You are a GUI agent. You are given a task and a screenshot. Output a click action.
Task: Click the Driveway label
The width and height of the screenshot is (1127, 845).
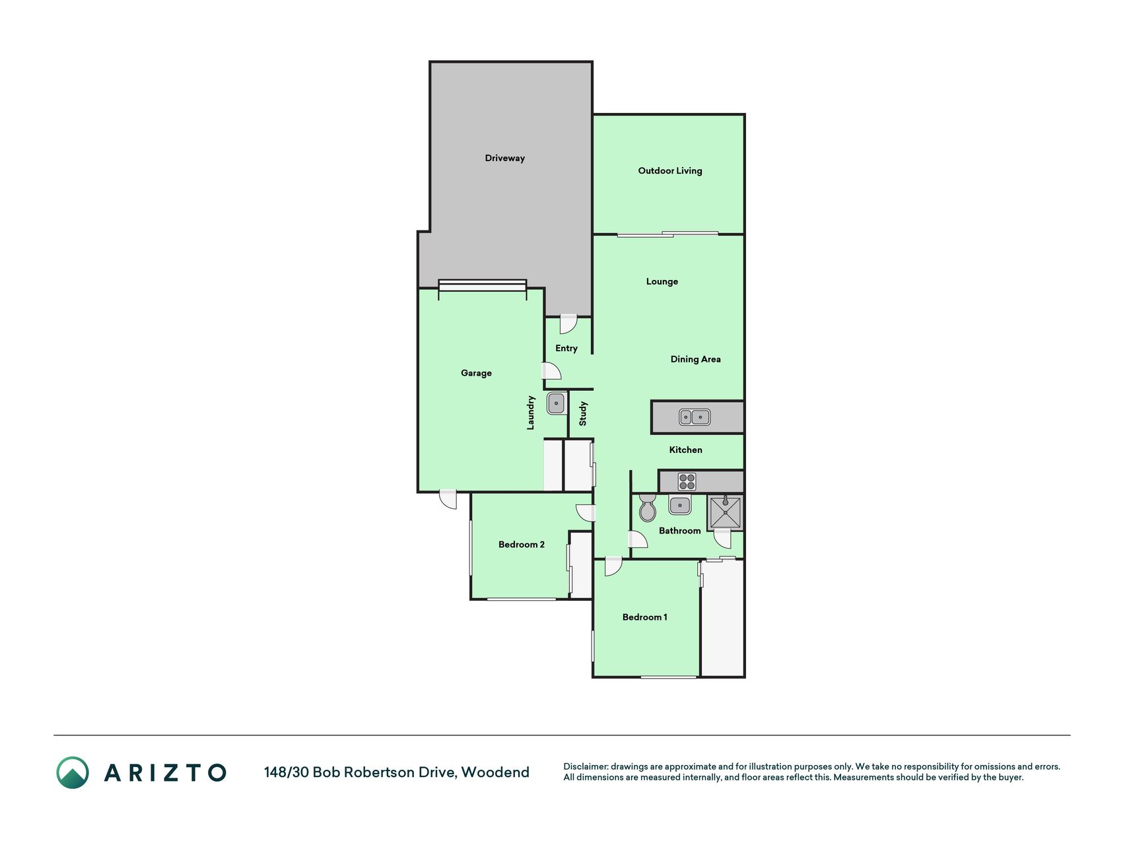504,158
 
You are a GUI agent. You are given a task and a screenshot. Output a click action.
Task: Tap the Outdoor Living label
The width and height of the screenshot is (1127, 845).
669,171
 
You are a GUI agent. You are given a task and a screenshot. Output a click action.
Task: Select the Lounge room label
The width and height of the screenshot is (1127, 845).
662,282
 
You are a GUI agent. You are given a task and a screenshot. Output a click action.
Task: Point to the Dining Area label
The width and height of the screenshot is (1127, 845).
695,359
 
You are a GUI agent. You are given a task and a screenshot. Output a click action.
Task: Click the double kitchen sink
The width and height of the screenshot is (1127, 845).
695,417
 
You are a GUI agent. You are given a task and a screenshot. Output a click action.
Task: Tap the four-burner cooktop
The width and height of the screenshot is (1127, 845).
687,482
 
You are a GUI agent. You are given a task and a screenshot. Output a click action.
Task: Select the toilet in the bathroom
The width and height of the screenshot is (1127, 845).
648,508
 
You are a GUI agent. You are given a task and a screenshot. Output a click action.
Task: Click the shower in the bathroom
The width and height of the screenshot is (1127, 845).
725,512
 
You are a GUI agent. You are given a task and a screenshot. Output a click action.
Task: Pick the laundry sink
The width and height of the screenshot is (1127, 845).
556,403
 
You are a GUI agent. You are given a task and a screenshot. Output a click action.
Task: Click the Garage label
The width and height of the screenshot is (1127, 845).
476,374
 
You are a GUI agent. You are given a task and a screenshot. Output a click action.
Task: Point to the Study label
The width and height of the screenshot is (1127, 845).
583,414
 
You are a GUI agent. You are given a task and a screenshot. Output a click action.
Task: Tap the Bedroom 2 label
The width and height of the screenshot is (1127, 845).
521,545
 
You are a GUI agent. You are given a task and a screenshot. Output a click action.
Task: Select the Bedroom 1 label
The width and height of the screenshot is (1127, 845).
644,617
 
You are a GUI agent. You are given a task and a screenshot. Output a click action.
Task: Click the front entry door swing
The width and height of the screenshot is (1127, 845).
568,324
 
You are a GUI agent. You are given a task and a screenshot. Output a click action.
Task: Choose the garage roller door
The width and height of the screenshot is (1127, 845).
483,285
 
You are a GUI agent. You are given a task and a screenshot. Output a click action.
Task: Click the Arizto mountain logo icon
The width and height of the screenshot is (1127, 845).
73,772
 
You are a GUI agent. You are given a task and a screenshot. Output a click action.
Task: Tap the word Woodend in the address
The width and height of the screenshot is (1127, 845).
495,772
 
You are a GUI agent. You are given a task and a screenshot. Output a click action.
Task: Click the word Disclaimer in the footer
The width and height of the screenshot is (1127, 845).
585,767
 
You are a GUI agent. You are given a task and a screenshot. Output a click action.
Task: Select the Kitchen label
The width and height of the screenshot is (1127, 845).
685,450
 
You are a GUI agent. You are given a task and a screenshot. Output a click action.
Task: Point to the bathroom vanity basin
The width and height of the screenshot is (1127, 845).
679,506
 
